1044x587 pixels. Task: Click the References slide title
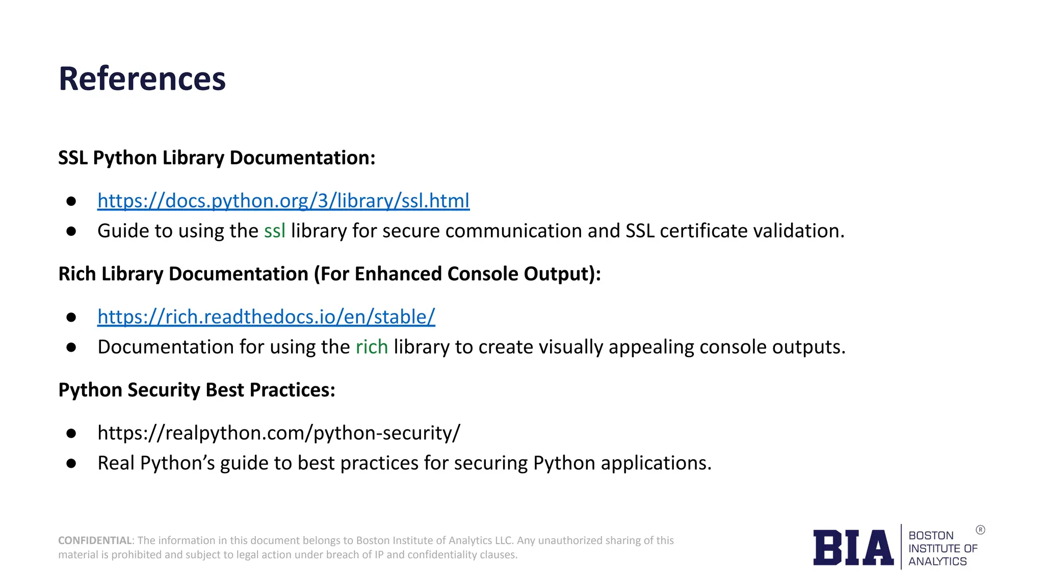pos(142,79)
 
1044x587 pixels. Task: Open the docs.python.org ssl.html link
pos(283,201)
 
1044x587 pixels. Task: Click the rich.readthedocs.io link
pos(266,317)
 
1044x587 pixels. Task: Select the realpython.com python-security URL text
pos(279,433)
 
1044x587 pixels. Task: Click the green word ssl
pos(274,231)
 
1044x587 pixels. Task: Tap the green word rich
pos(372,347)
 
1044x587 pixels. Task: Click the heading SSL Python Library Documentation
pos(217,158)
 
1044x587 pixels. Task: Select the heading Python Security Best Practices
pos(197,390)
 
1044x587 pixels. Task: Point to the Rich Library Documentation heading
pos(329,274)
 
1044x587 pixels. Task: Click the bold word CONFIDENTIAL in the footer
pos(95,541)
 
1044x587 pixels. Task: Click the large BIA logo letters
pos(853,548)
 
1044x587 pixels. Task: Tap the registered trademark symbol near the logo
pos(980,530)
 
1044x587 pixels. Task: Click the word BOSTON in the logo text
pos(931,536)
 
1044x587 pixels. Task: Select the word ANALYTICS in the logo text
pos(937,562)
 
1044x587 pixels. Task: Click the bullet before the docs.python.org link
pos(71,201)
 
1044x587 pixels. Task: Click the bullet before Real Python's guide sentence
pos(71,464)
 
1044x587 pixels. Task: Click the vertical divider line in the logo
pos(901,547)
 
